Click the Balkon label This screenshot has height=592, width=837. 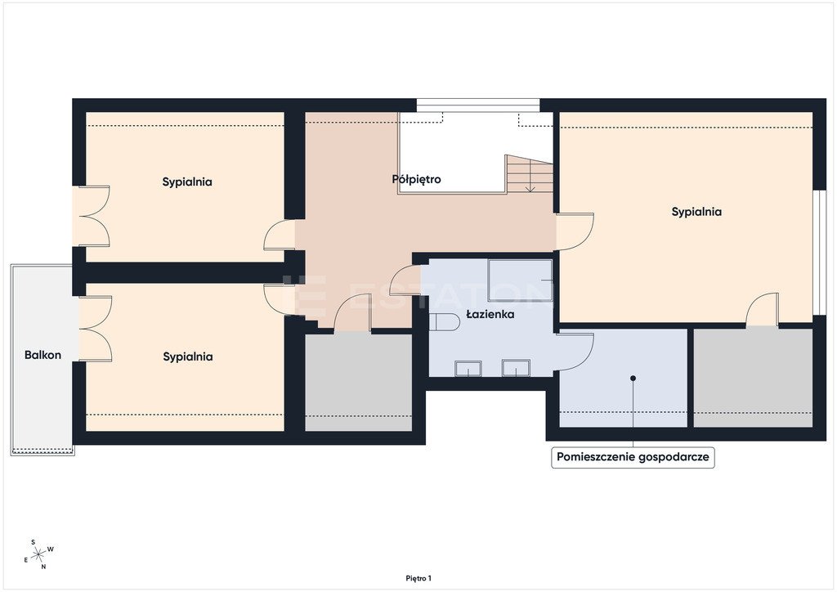tap(43, 355)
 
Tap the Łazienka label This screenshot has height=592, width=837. tap(490, 315)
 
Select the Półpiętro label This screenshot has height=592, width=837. tap(416, 179)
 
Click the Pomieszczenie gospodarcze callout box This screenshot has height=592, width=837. tap(633, 457)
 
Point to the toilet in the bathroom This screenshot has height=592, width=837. tap(444, 322)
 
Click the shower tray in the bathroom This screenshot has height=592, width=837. tap(521, 280)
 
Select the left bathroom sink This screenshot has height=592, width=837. tap(468, 368)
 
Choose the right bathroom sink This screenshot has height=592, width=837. tap(516, 368)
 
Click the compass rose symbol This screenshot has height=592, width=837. tap(38, 555)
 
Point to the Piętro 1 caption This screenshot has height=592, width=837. tap(418, 578)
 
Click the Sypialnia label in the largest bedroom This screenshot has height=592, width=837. tap(696, 212)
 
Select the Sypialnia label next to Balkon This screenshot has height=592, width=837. tap(188, 357)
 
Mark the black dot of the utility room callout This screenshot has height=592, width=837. tap(633, 378)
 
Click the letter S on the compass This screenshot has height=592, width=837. tap(33, 542)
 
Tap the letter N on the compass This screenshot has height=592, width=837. tap(44, 567)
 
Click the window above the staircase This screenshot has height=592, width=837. tap(477, 105)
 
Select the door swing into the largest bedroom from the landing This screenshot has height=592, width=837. tap(575, 231)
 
